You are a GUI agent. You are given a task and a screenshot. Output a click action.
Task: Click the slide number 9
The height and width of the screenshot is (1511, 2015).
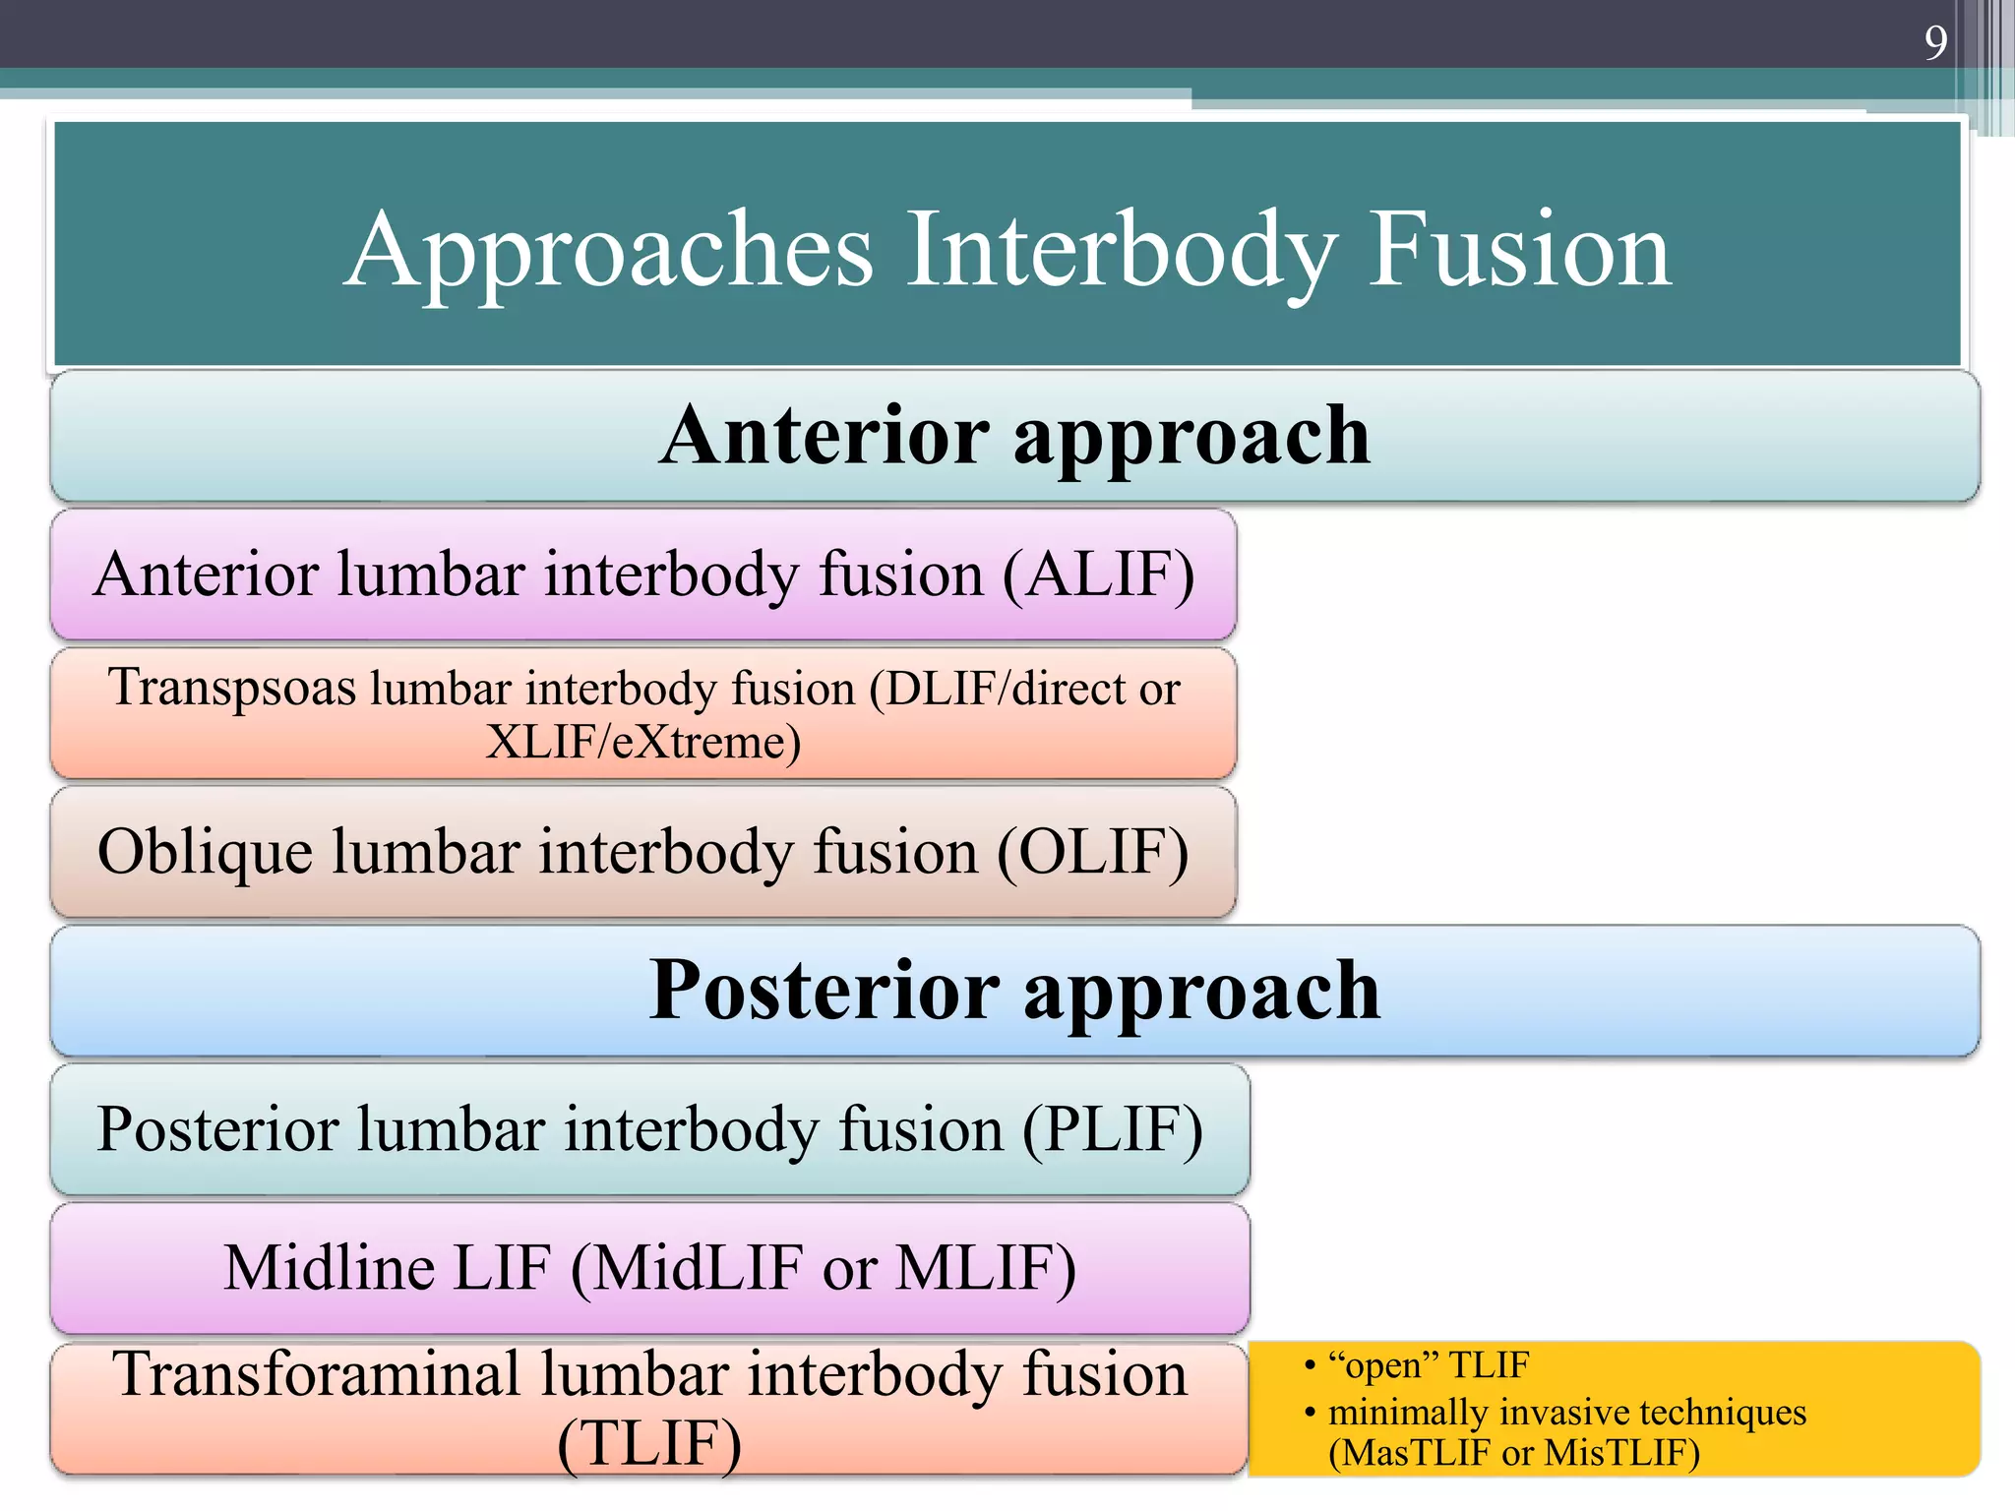point(1934,43)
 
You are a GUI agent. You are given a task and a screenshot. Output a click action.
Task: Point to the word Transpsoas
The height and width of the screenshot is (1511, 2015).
point(232,687)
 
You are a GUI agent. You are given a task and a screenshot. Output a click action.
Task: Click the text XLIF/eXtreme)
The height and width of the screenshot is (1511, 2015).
point(643,742)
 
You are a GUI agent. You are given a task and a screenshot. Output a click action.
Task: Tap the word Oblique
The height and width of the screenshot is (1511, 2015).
point(205,851)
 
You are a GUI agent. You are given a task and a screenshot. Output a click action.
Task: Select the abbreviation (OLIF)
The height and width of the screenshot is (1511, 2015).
point(1092,851)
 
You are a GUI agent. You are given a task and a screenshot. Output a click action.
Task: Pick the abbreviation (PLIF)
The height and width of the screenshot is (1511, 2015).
point(1112,1128)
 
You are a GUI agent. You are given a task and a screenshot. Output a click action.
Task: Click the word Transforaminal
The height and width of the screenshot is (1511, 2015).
point(316,1373)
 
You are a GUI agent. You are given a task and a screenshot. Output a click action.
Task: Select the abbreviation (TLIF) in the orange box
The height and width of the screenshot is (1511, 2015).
point(649,1443)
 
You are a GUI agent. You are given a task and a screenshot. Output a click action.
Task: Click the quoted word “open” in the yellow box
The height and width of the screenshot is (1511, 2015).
point(1382,1365)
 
